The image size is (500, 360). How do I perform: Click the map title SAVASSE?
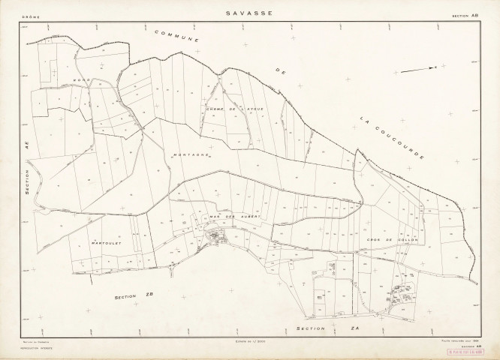coord(250,13)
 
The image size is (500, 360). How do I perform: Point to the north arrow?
coord(417,69)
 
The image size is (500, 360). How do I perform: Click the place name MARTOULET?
coord(102,244)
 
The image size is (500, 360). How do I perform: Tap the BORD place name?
coord(82,79)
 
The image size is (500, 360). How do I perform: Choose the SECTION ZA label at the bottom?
coord(313,328)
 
